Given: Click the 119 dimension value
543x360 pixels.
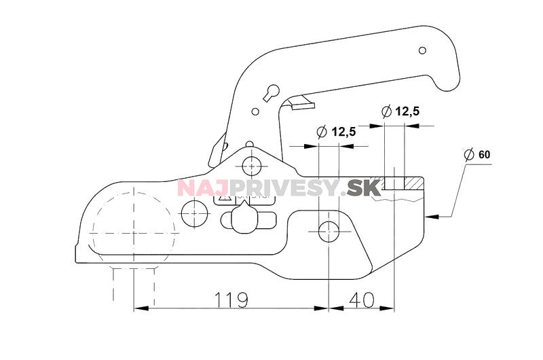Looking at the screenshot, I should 230,299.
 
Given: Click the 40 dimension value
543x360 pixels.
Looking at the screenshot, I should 362,299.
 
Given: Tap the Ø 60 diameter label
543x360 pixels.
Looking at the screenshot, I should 477,155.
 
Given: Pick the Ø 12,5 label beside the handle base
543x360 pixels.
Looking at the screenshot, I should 337,132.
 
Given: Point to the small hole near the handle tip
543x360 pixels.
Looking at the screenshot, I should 422,50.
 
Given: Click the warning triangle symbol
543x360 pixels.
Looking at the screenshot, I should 226,200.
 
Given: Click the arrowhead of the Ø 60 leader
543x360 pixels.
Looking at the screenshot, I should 429,217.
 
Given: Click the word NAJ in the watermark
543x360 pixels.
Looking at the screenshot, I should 197,187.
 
